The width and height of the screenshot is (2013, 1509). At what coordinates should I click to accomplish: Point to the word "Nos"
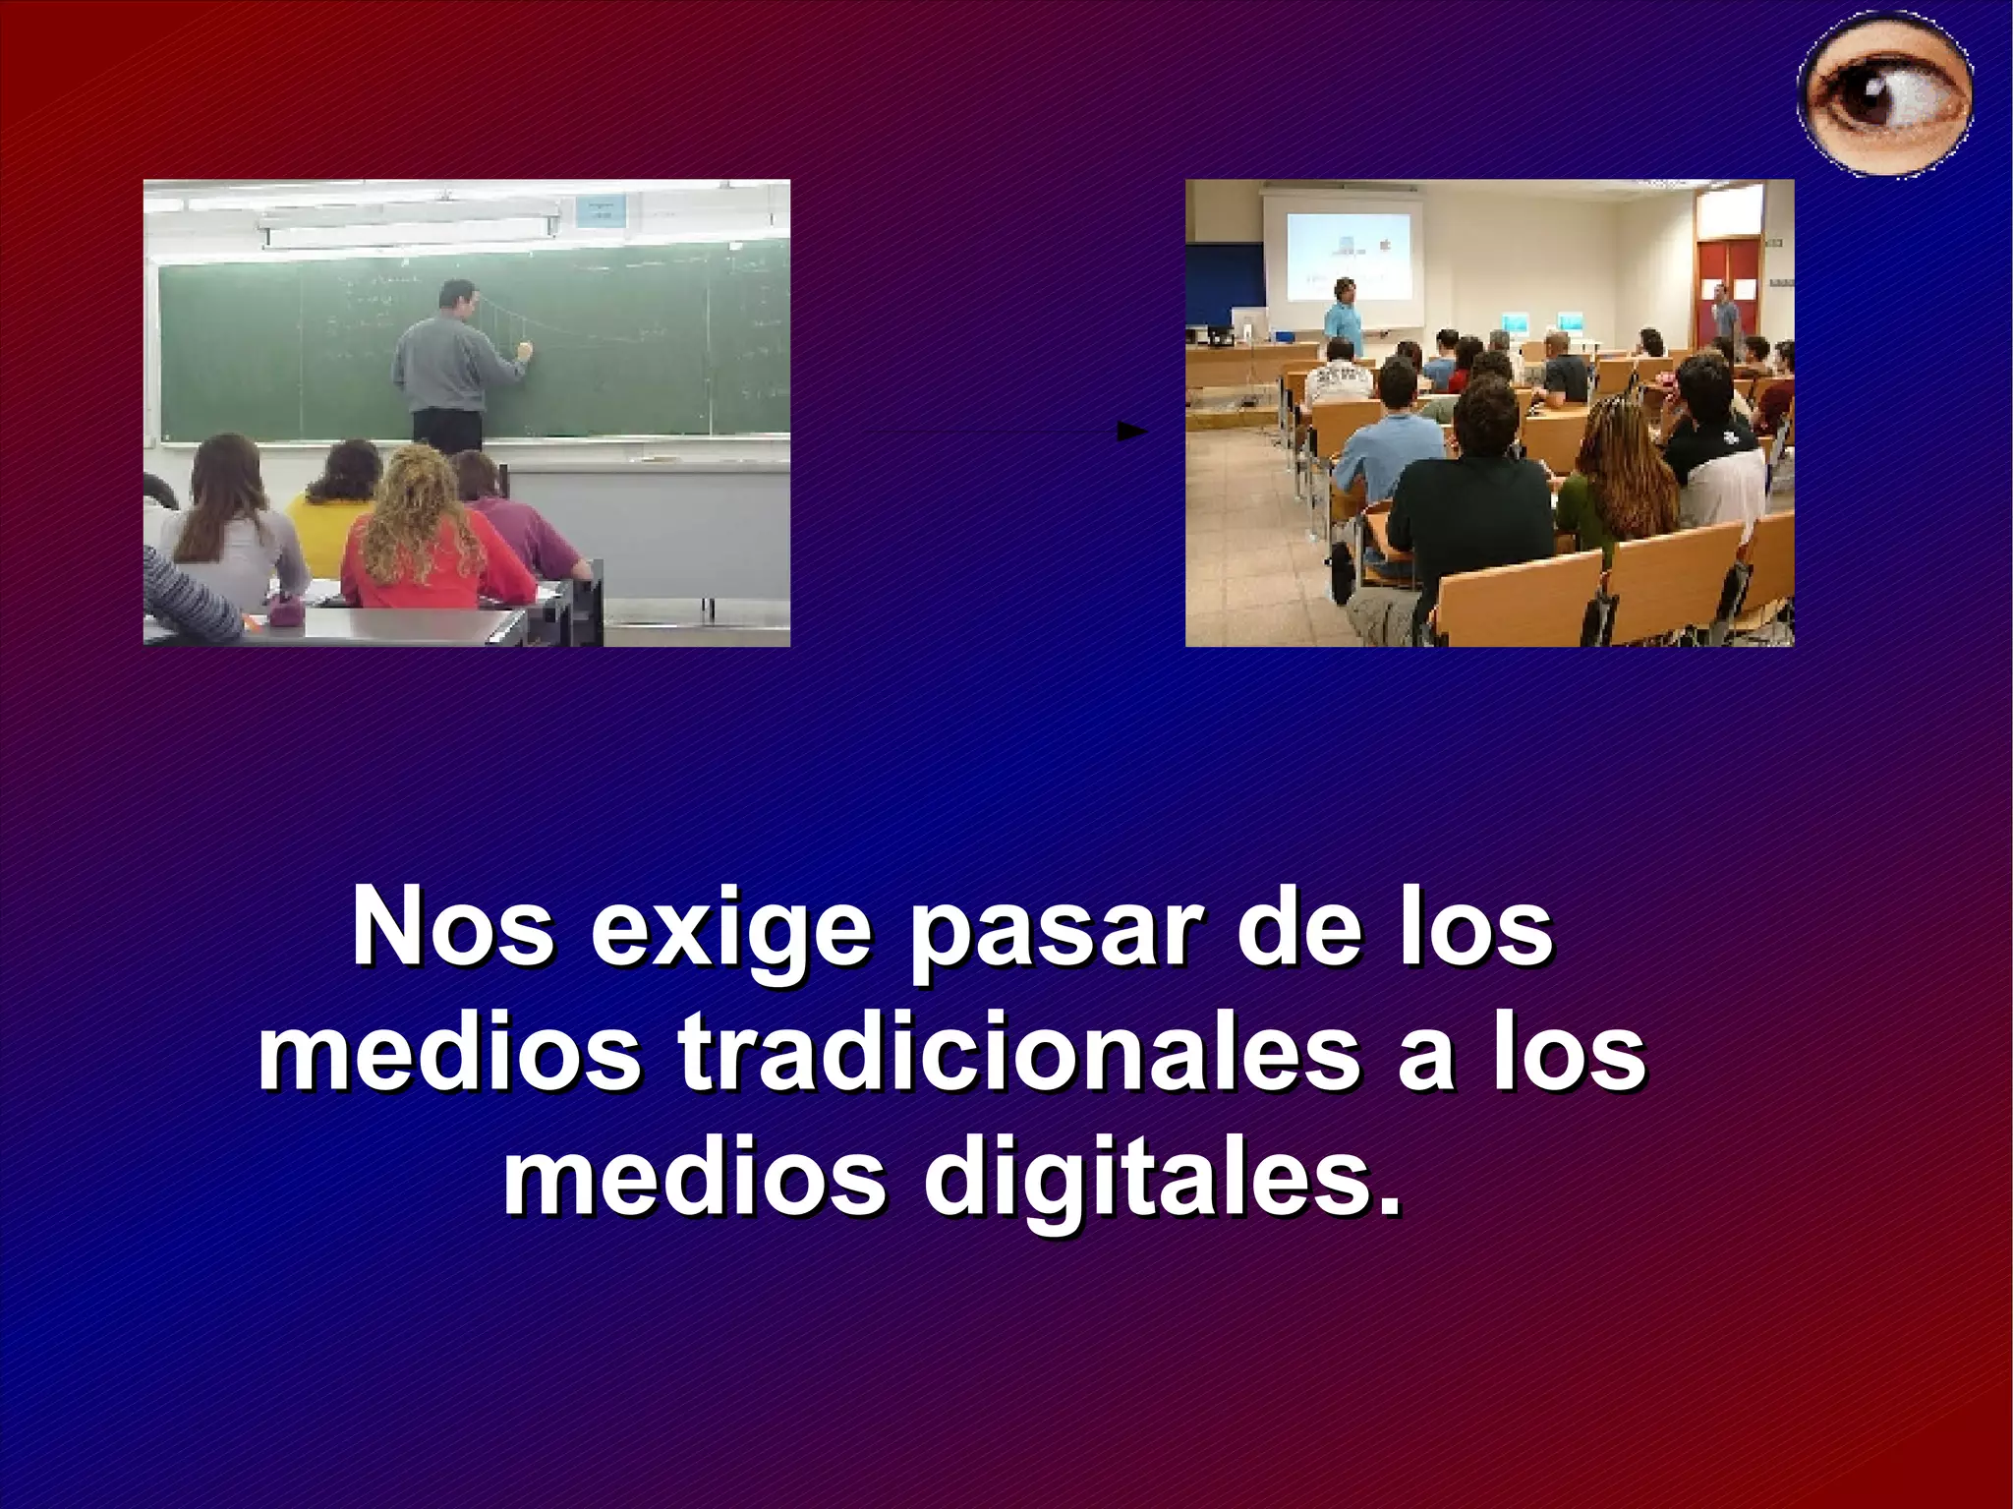point(453,930)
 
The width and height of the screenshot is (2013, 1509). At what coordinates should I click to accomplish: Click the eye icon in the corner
point(1885,95)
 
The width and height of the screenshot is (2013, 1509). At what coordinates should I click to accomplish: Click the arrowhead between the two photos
point(1132,432)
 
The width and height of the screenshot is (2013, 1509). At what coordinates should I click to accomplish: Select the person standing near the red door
point(1723,313)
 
